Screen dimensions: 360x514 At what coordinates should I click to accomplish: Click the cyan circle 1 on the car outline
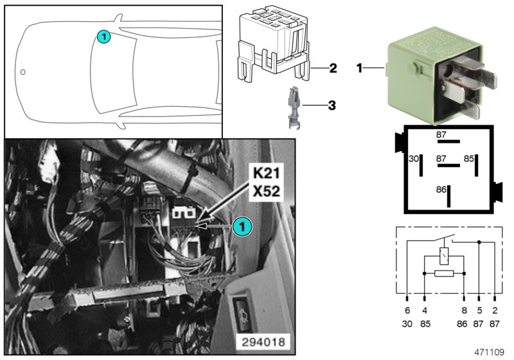(x=103, y=37)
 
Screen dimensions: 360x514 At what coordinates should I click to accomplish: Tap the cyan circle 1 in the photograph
(x=242, y=226)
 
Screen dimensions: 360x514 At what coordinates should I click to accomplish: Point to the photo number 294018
(x=263, y=341)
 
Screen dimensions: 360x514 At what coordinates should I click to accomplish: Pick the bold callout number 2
(x=333, y=67)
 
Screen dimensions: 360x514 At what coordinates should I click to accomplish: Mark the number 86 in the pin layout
(x=440, y=190)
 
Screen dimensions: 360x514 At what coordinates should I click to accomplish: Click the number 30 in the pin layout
(x=414, y=158)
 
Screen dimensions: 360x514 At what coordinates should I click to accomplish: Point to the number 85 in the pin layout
(x=468, y=158)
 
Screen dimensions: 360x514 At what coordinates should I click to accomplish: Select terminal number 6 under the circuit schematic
(x=407, y=310)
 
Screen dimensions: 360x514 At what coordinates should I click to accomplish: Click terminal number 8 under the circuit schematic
(x=465, y=310)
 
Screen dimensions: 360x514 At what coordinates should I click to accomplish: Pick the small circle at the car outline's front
(x=22, y=71)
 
